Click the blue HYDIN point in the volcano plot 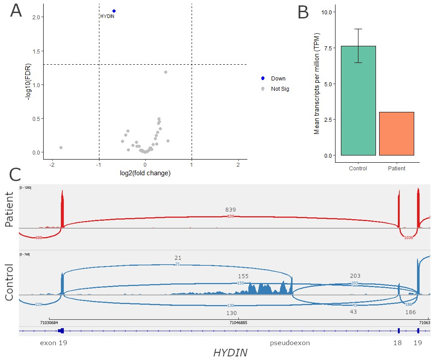point(114,11)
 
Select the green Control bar point(358,101)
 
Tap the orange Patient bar point(396,133)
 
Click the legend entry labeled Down point(278,78)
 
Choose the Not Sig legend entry point(280,89)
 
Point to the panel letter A point(16,11)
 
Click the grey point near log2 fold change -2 point(61,147)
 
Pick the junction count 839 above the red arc point(231,209)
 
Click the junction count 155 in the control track point(243,276)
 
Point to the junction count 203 point(355,276)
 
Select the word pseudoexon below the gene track point(290,343)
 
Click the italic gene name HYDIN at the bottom point(230,353)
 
